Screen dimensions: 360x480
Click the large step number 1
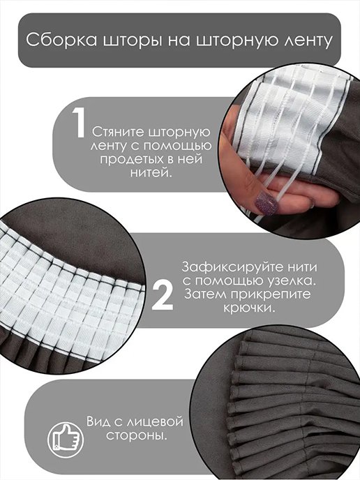click(79, 123)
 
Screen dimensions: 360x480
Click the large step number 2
click(163, 296)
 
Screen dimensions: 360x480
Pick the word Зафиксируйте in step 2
click(233, 267)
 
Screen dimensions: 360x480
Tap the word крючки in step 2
click(249, 308)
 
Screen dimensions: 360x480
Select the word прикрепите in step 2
click(270, 294)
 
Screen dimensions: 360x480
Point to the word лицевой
click(155, 422)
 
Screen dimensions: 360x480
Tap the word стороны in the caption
click(137, 435)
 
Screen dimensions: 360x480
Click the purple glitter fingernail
click(267, 203)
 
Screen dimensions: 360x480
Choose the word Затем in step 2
click(204, 294)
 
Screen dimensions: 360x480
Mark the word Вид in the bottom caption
click(98, 421)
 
